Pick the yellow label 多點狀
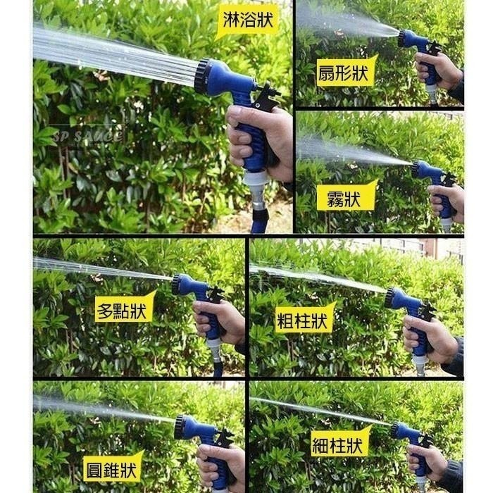[x=123, y=309]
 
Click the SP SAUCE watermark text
[x=87, y=136]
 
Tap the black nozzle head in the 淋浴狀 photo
[x=202, y=76]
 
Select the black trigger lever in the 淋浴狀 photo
[x=266, y=94]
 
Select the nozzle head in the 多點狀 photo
[x=177, y=285]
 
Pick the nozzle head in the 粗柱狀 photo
[x=389, y=297]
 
